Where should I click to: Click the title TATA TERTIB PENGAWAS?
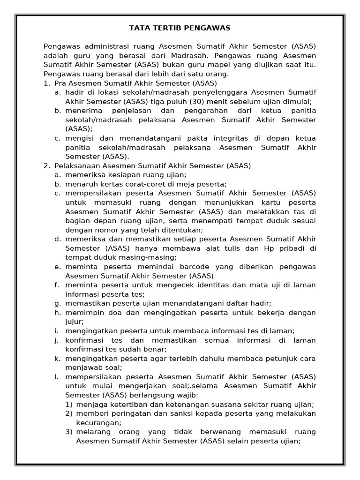tap(180, 28)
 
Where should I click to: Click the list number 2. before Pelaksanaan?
tap(46, 165)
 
